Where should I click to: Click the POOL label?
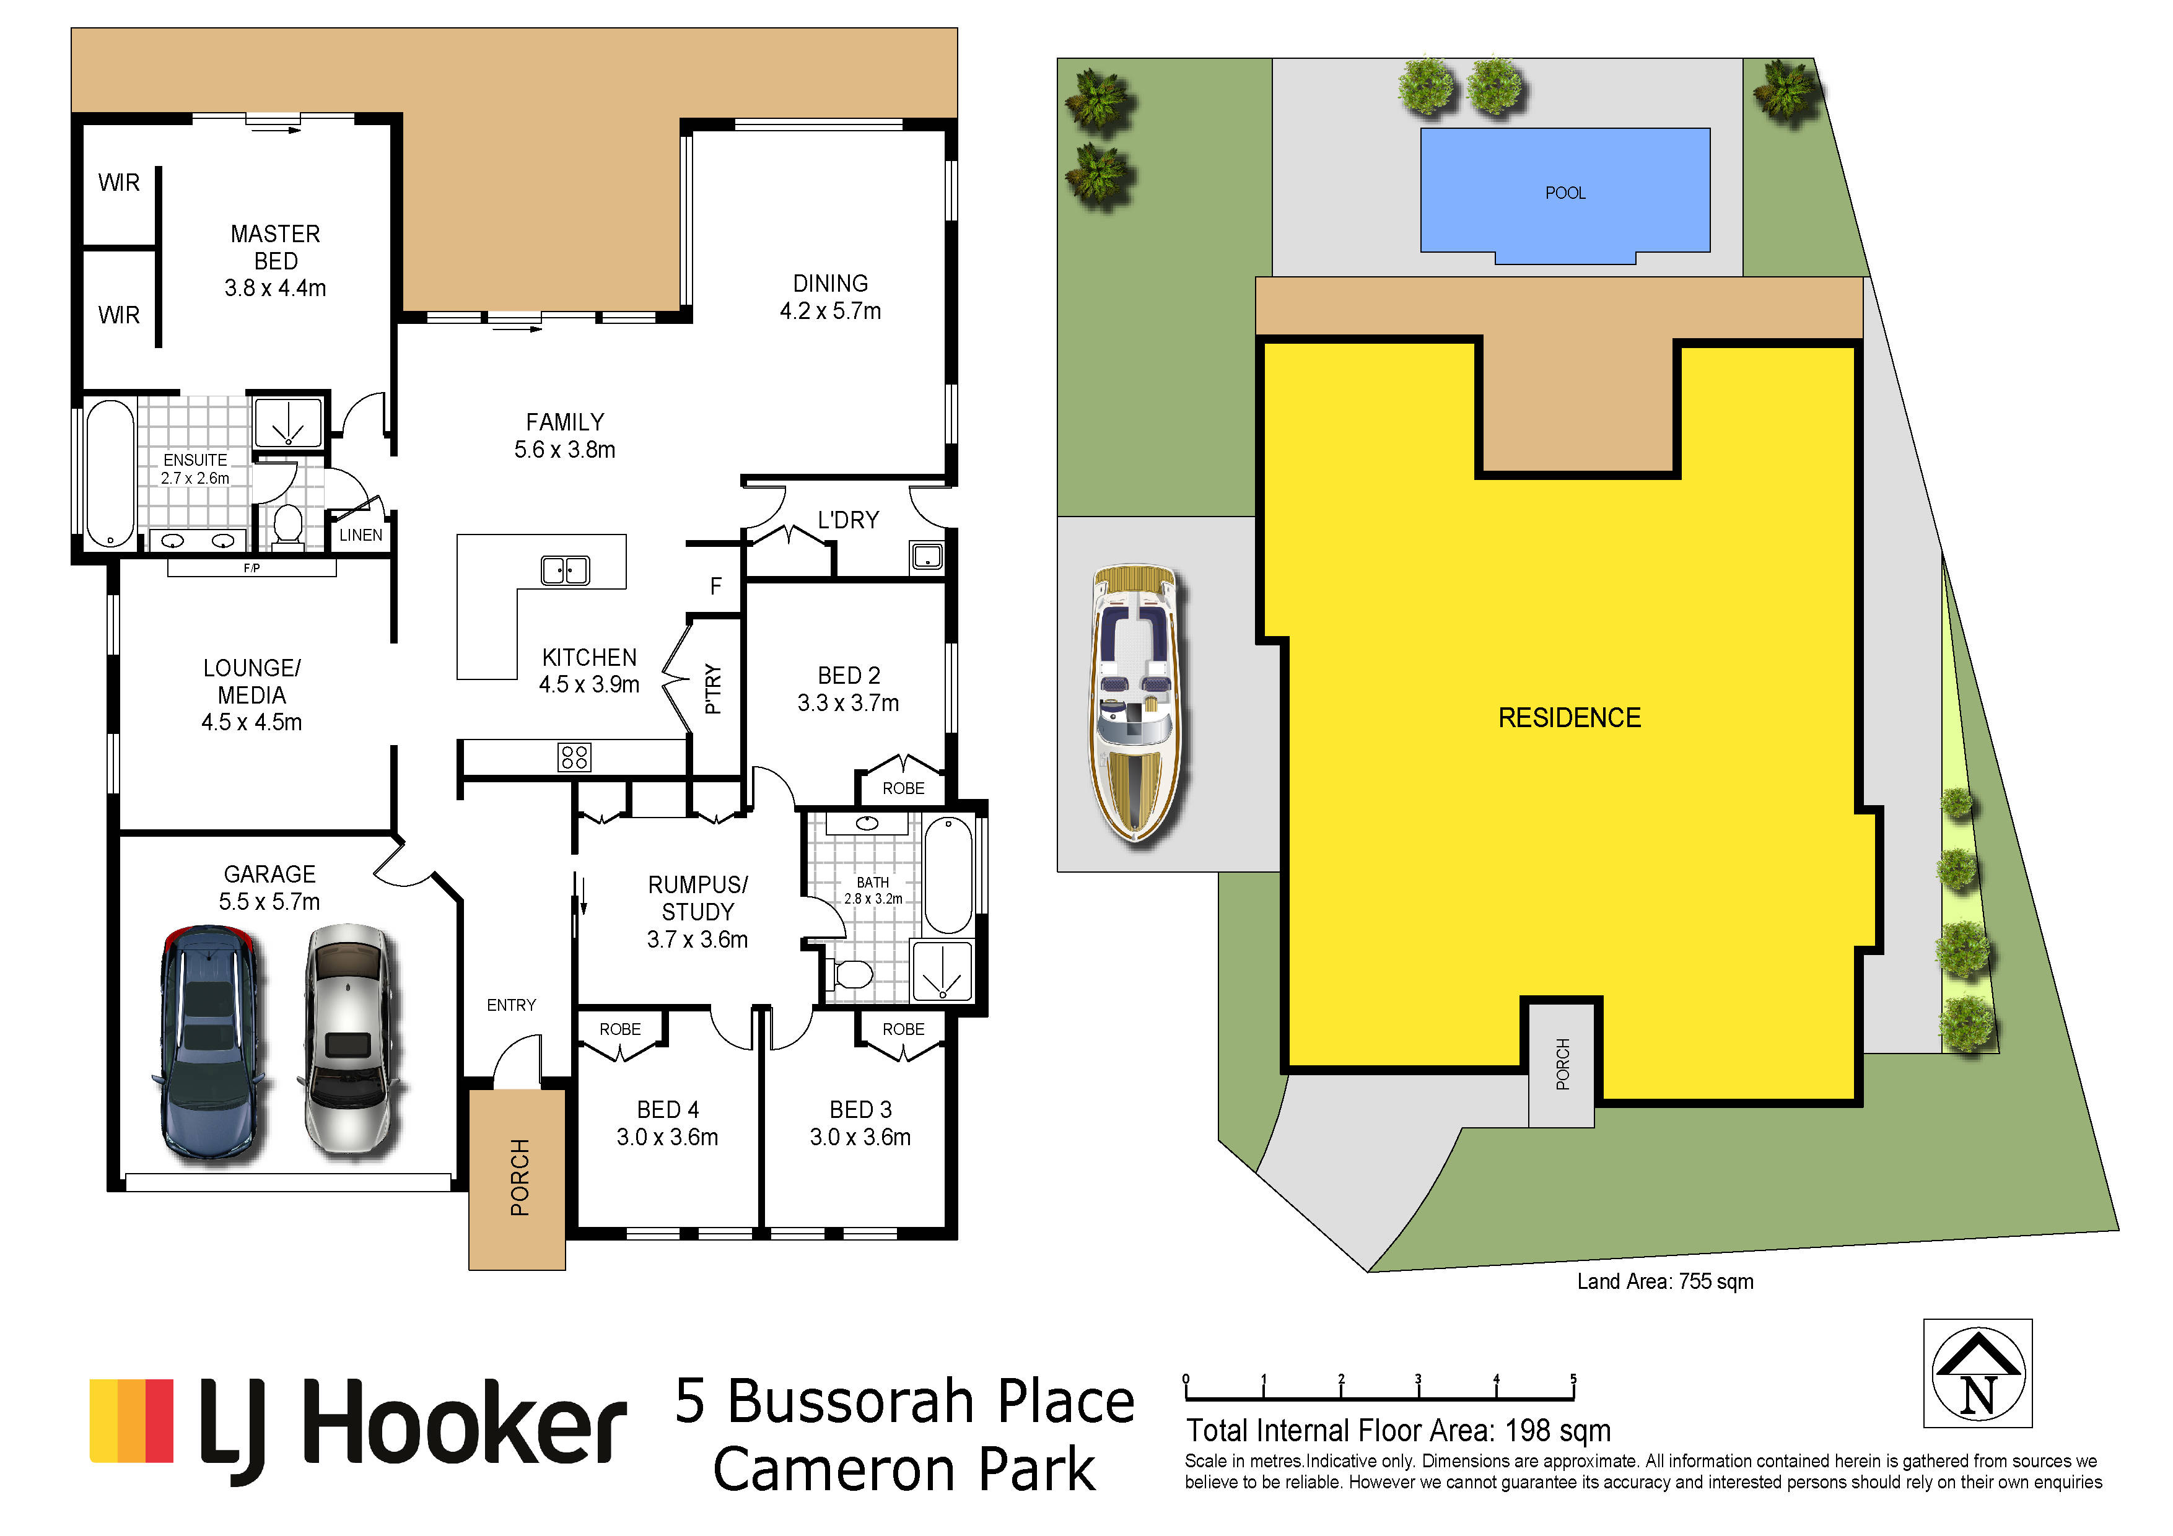click(1565, 193)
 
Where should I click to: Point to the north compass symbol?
click(1977, 1373)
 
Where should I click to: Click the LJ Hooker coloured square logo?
click(131, 1421)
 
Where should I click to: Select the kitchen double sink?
click(565, 570)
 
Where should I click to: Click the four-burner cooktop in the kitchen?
click(574, 756)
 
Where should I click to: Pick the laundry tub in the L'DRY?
click(927, 556)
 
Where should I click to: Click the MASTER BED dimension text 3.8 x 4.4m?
click(276, 288)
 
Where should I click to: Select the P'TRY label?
click(714, 688)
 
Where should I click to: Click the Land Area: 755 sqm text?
click(1665, 1281)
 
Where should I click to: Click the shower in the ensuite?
click(287, 422)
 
